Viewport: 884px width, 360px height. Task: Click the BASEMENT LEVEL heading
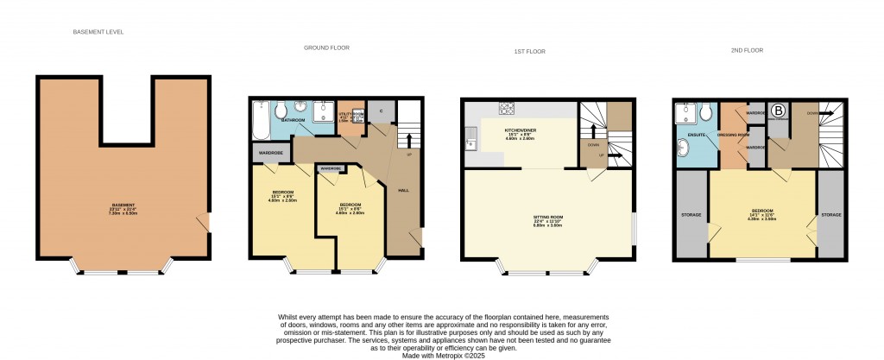pos(99,32)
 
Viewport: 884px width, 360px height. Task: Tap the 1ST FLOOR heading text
pos(515,52)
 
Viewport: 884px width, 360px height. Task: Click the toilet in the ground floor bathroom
pos(280,111)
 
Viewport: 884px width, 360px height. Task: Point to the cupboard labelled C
pos(382,111)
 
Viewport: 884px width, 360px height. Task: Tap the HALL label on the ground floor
pos(403,189)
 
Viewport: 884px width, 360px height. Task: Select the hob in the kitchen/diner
pos(507,110)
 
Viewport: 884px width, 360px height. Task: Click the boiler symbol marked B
pos(778,111)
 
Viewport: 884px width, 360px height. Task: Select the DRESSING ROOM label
pos(732,136)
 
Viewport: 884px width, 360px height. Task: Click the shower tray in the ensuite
pos(686,111)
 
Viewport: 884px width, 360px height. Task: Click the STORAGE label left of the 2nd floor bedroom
pos(691,214)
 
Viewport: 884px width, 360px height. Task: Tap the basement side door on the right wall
pos(203,223)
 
